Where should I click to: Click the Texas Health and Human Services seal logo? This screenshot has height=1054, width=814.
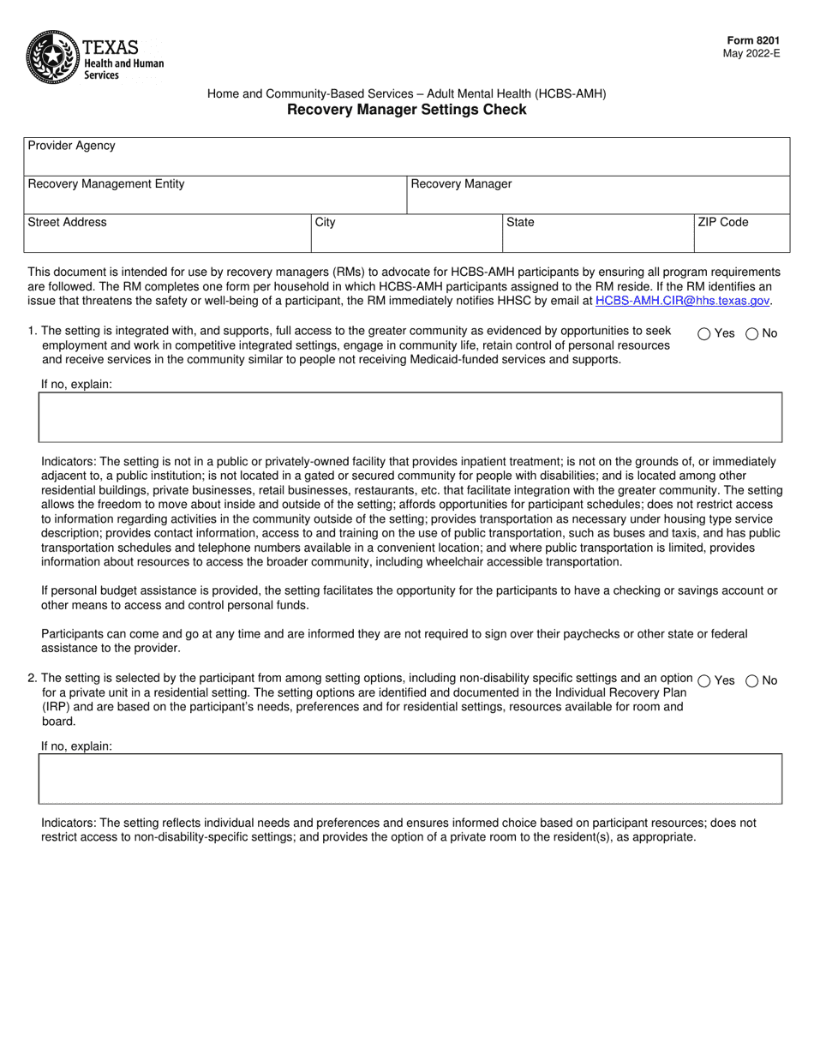[53, 57]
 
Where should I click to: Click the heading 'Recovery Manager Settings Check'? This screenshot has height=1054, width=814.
[406, 110]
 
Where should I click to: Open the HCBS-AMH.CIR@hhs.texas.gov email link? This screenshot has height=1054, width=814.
[682, 301]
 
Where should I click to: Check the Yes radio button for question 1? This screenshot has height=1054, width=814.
[703, 334]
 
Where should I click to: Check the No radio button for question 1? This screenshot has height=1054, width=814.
[751, 334]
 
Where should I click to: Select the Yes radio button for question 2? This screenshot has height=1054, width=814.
[703, 680]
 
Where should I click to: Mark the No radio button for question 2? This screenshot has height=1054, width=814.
[751, 680]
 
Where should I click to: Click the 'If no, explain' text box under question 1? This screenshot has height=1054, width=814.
[410, 417]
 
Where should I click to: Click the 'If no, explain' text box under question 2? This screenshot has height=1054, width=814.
[410, 778]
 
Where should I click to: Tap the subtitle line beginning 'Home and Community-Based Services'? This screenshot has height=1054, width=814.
[406, 94]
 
